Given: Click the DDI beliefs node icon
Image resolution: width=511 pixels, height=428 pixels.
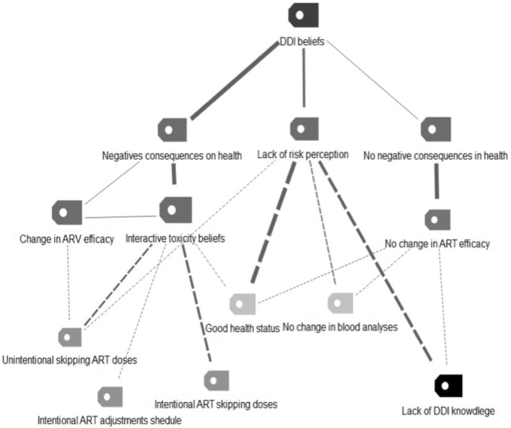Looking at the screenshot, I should [302, 15].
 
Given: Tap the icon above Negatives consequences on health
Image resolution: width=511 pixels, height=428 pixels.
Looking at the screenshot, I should [172, 130].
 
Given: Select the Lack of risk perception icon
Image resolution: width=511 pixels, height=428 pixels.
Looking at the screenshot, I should [303, 129].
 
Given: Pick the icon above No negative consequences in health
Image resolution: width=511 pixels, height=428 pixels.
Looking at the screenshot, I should [435, 129].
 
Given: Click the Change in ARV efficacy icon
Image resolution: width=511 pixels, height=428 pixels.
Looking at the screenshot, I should [66, 213].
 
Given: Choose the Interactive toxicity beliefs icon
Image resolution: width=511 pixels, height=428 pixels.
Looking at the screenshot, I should [175, 210].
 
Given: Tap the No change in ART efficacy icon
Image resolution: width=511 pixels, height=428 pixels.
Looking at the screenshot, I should [437, 219].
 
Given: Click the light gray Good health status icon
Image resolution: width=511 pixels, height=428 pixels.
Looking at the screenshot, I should [243, 303].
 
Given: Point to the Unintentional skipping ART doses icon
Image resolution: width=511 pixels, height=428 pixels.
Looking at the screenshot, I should [70, 336].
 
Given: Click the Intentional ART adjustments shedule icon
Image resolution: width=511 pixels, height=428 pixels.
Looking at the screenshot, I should [110, 396].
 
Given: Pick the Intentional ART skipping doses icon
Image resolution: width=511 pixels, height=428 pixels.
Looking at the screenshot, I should [216, 380].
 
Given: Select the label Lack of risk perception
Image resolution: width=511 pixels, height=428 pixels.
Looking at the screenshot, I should [303, 154].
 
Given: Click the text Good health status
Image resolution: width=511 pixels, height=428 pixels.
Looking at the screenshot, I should [243, 328].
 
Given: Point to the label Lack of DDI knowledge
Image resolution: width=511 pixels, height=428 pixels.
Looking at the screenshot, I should [447, 411].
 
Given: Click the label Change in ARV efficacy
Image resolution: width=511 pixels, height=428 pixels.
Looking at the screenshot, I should [67, 239].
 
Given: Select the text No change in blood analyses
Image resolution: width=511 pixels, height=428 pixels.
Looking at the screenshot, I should [340, 327].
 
